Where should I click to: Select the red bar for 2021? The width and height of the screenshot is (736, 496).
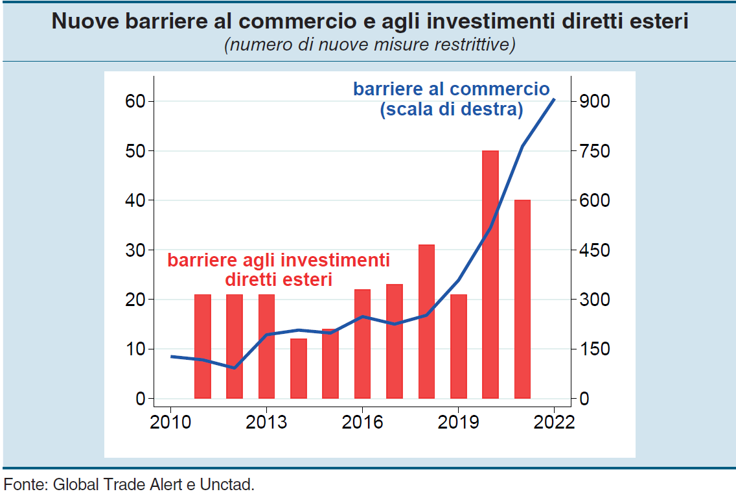[x=522, y=299]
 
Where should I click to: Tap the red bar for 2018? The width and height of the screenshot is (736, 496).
[x=426, y=321]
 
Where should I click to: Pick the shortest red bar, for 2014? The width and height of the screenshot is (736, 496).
[x=299, y=368]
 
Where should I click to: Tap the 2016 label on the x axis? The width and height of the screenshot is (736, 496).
[x=362, y=422]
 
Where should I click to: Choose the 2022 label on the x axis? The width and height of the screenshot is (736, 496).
[x=554, y=422]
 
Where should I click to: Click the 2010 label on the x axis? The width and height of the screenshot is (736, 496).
[x=170, y=422]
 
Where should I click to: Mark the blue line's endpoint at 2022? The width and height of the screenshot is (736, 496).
[x=554, y=99]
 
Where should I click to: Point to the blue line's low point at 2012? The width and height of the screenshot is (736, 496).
[x=234, y=368]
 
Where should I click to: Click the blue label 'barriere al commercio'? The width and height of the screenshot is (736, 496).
[x=451, y=89]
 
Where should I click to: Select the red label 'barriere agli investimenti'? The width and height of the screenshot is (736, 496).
[x=279, y=261]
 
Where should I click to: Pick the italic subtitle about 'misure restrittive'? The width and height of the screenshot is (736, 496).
[x=369, y=45]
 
